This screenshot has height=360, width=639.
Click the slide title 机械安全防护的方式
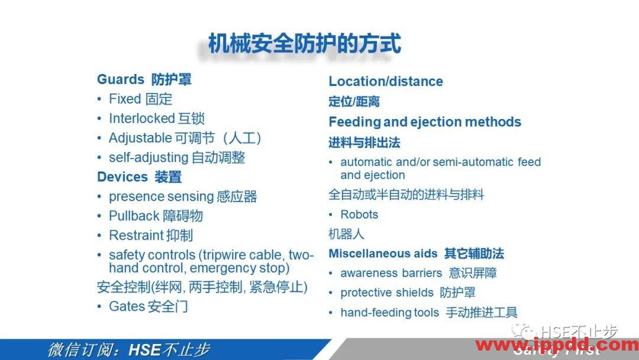305,44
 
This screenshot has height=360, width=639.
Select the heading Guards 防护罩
144,79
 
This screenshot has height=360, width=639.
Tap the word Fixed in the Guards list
125,99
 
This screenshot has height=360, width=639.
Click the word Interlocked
142,118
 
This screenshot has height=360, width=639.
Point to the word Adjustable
140,138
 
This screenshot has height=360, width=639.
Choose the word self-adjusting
148,157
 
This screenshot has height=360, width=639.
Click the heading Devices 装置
139,177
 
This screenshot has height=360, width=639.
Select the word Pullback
133,216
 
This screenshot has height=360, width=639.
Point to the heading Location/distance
386,82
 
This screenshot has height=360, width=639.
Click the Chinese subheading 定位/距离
354,102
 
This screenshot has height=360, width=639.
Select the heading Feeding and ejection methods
425,122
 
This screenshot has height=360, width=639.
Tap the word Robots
359,214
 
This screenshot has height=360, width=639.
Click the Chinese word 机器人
346,234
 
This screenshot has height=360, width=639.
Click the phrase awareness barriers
391,273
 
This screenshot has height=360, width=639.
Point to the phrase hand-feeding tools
389,313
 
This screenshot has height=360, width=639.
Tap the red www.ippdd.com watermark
556,345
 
